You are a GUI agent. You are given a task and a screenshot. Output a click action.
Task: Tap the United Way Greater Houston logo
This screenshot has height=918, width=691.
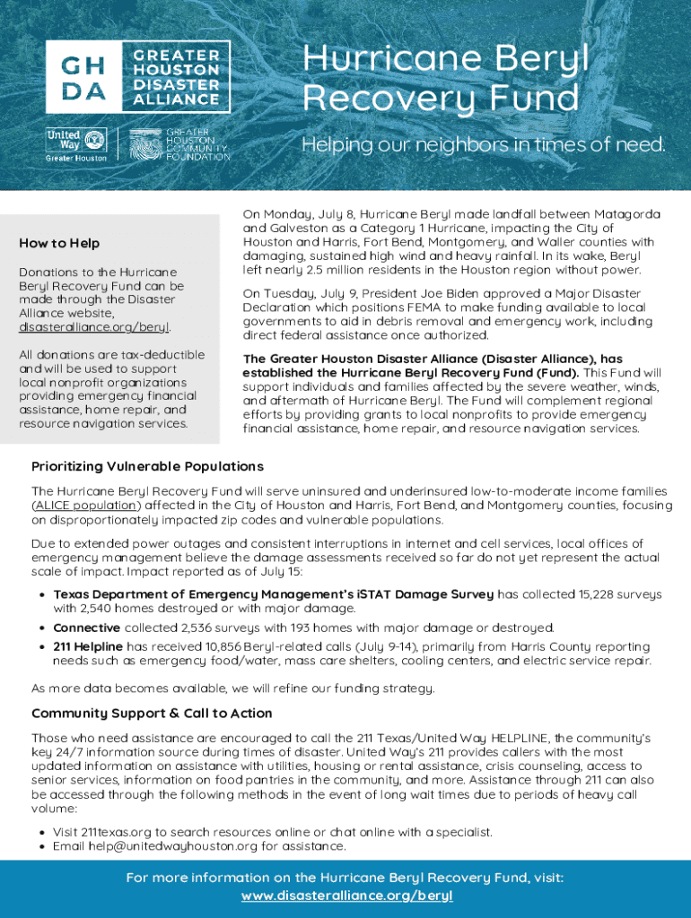coord(76,144)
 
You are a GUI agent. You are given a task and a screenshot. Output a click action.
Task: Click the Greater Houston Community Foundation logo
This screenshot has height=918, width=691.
coord(179,144)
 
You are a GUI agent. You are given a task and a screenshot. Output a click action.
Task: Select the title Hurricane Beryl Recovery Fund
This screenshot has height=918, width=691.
coord(446,77)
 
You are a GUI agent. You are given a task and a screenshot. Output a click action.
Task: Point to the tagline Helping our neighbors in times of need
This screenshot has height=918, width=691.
coord(484,144)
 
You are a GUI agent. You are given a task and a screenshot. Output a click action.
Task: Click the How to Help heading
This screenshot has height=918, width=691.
coord(59,243)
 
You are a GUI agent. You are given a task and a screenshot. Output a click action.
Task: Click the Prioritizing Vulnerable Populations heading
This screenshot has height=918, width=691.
coord(147,466)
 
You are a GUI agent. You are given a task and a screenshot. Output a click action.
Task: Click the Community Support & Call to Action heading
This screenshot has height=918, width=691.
coord(152,714)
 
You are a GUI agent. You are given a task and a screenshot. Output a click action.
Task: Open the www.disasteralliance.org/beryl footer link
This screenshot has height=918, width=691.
coord(345,896)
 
